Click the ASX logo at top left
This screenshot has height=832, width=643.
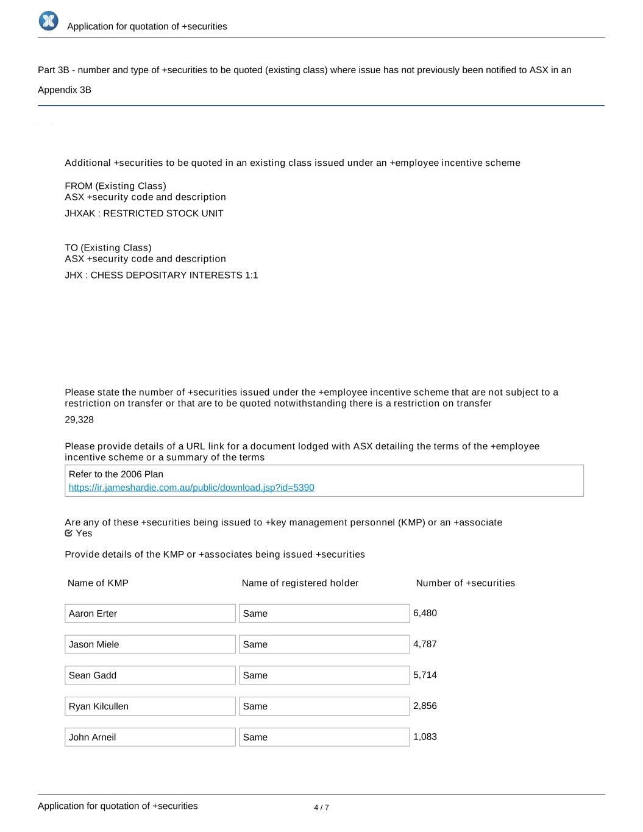[48, 21]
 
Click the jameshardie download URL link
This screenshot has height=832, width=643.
[191, 488]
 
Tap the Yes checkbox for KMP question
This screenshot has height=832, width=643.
[69, 533]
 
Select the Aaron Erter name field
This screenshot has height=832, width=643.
[150, 614]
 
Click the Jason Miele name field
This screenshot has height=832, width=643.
[150, 644]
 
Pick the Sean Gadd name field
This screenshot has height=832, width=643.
[150, 675]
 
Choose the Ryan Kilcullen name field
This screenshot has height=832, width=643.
[150, 706]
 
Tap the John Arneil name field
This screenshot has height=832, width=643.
[150, 737]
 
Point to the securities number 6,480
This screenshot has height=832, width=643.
[425, 613]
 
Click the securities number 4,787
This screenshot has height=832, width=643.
[425, 644]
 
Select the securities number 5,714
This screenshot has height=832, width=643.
[425, 675]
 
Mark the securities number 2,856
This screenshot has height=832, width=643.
[425, 706]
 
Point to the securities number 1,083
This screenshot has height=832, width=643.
[425, 737]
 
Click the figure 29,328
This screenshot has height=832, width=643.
[79, 420]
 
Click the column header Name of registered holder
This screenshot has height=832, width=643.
[300, 583]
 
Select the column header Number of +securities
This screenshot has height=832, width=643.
[465, 583]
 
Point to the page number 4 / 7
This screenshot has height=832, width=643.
[321, 808]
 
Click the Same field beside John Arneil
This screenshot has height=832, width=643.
[324, 737]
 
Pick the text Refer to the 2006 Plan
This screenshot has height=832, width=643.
[116, 474]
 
